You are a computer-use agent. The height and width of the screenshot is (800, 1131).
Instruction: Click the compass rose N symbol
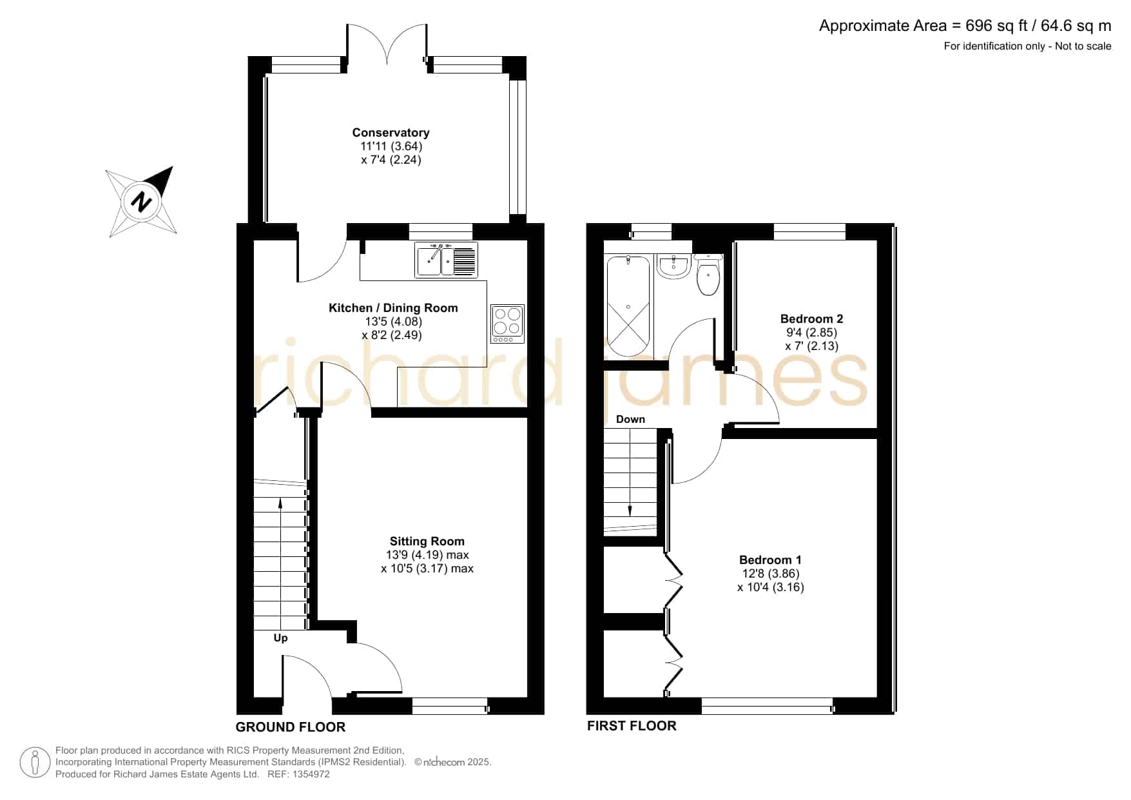coord(141,202)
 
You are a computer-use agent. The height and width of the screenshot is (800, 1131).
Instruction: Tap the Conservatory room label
coord(391,133)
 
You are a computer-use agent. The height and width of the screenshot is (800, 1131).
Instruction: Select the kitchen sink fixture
coord(445,260)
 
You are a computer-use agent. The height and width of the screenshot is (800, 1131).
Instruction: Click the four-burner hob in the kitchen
coord(507,324)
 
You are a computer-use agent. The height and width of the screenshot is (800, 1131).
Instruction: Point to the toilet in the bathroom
coord(708,275)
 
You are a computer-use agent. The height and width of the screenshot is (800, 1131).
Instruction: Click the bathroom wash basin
coord(673,266)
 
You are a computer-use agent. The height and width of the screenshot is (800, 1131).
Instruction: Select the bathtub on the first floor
coord(628,306)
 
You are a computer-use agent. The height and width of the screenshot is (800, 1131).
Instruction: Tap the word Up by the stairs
coord(280,638)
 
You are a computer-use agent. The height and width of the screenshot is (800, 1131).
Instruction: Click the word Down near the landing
coord(630,419)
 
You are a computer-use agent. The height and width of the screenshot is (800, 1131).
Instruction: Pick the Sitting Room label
coord(427,541)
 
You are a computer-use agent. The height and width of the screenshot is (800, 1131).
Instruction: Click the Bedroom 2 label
coord(811,318)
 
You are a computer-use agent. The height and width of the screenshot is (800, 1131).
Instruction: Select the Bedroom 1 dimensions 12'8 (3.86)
coord(771,574)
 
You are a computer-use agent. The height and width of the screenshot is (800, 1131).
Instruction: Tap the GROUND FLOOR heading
coord(291,727)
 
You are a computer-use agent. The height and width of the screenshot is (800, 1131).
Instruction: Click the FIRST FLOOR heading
coord(632,726)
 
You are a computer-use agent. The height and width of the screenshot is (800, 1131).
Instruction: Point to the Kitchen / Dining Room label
coord(393,308)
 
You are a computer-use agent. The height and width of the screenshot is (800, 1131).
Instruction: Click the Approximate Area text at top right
coord(965,26)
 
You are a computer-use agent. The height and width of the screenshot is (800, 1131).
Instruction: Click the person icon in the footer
coord(35,763)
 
